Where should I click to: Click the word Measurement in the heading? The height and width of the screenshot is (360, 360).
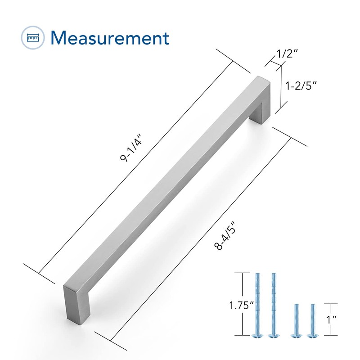click(x=110, y=38)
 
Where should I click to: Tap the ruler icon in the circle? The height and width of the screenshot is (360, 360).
click(x=33, y=37)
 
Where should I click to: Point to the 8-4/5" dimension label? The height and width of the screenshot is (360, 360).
click(x=225, y=235)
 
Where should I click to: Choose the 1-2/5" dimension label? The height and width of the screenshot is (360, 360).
click(x=301, y=85)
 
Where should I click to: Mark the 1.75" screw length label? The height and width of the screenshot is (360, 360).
click(x=241, y=306)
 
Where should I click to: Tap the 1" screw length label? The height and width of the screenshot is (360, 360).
click(x=332, y=319)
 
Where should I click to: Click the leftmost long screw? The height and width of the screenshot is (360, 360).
click(x=257, y=305)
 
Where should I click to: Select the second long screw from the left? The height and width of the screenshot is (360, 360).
click(x=274, y=305)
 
